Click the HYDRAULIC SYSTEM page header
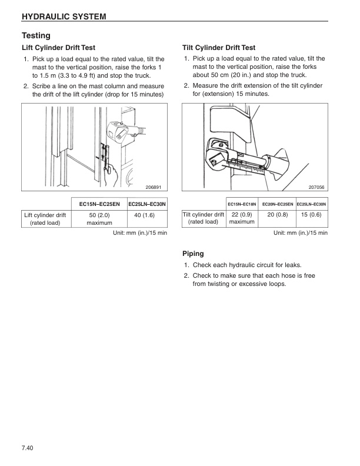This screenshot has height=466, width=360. point(64,16)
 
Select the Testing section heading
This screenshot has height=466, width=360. point(36,35)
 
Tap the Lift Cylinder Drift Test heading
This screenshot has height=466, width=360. point(58,47)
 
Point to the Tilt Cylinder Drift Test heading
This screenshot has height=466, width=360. point(219,47)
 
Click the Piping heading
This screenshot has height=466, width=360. point(194,254)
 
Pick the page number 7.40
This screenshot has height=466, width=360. point(27,450)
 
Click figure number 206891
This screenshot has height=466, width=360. point(153,187)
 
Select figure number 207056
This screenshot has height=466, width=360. point(316,187)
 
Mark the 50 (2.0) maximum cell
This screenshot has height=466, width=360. point(99,219)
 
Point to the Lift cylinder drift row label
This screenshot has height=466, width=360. point(45,219)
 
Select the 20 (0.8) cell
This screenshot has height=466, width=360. point(277,215)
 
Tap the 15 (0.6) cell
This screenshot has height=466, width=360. point(311,215)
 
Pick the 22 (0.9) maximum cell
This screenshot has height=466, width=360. point(242,218)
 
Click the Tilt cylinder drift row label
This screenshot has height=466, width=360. point(204,218)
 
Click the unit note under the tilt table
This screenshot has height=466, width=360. point(300,233)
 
